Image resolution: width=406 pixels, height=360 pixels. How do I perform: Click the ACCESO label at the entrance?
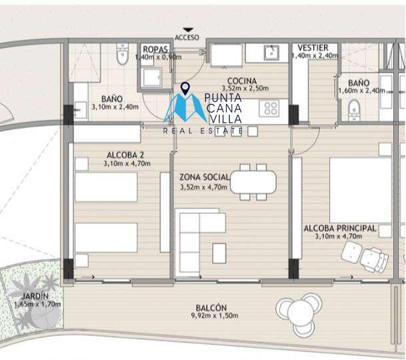187,37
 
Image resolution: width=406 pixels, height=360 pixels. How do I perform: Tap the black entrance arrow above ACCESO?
188,30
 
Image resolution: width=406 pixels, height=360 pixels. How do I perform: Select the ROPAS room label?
155,49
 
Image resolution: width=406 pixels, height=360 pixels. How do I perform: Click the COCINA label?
242,81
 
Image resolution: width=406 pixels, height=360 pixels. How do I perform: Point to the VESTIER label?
313,47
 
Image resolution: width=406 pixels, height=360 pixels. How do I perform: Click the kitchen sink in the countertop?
271,53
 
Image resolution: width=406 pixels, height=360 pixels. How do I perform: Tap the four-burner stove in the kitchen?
269,109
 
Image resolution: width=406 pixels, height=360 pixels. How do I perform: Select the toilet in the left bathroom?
123,54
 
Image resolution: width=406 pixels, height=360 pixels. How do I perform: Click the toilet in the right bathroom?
354,111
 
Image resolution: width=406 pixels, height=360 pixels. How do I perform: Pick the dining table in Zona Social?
253,182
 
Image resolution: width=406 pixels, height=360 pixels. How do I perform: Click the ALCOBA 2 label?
125,155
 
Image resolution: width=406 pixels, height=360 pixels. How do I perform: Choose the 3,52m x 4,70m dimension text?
204,187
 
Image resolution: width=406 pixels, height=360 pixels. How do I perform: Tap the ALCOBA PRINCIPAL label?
340,229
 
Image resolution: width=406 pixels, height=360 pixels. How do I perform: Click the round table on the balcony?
301,313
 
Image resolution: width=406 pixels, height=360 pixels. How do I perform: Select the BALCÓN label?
211,308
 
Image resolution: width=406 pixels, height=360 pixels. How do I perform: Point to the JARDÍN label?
35,296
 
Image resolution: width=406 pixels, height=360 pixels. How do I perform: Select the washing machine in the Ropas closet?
153,78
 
